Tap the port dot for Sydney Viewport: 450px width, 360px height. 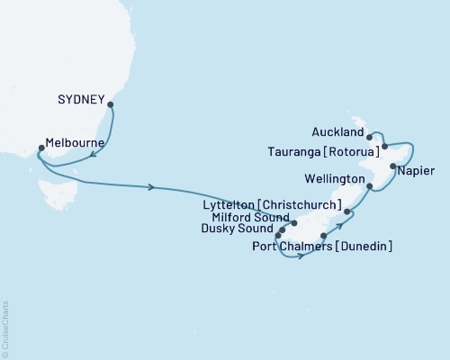click(x=110, y=104)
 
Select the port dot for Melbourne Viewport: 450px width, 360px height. click(x=40, y=149)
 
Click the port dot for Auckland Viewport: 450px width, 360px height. click(x=369, y=138)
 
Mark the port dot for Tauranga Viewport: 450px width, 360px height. click(x=384, y=146)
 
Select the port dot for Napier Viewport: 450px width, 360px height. click(x=393, y=166)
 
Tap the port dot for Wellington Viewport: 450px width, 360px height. click(x=370, y=186)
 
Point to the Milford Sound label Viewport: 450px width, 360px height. click(x=250, y=218)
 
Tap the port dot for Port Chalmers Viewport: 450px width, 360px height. click(x=323, y=236)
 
